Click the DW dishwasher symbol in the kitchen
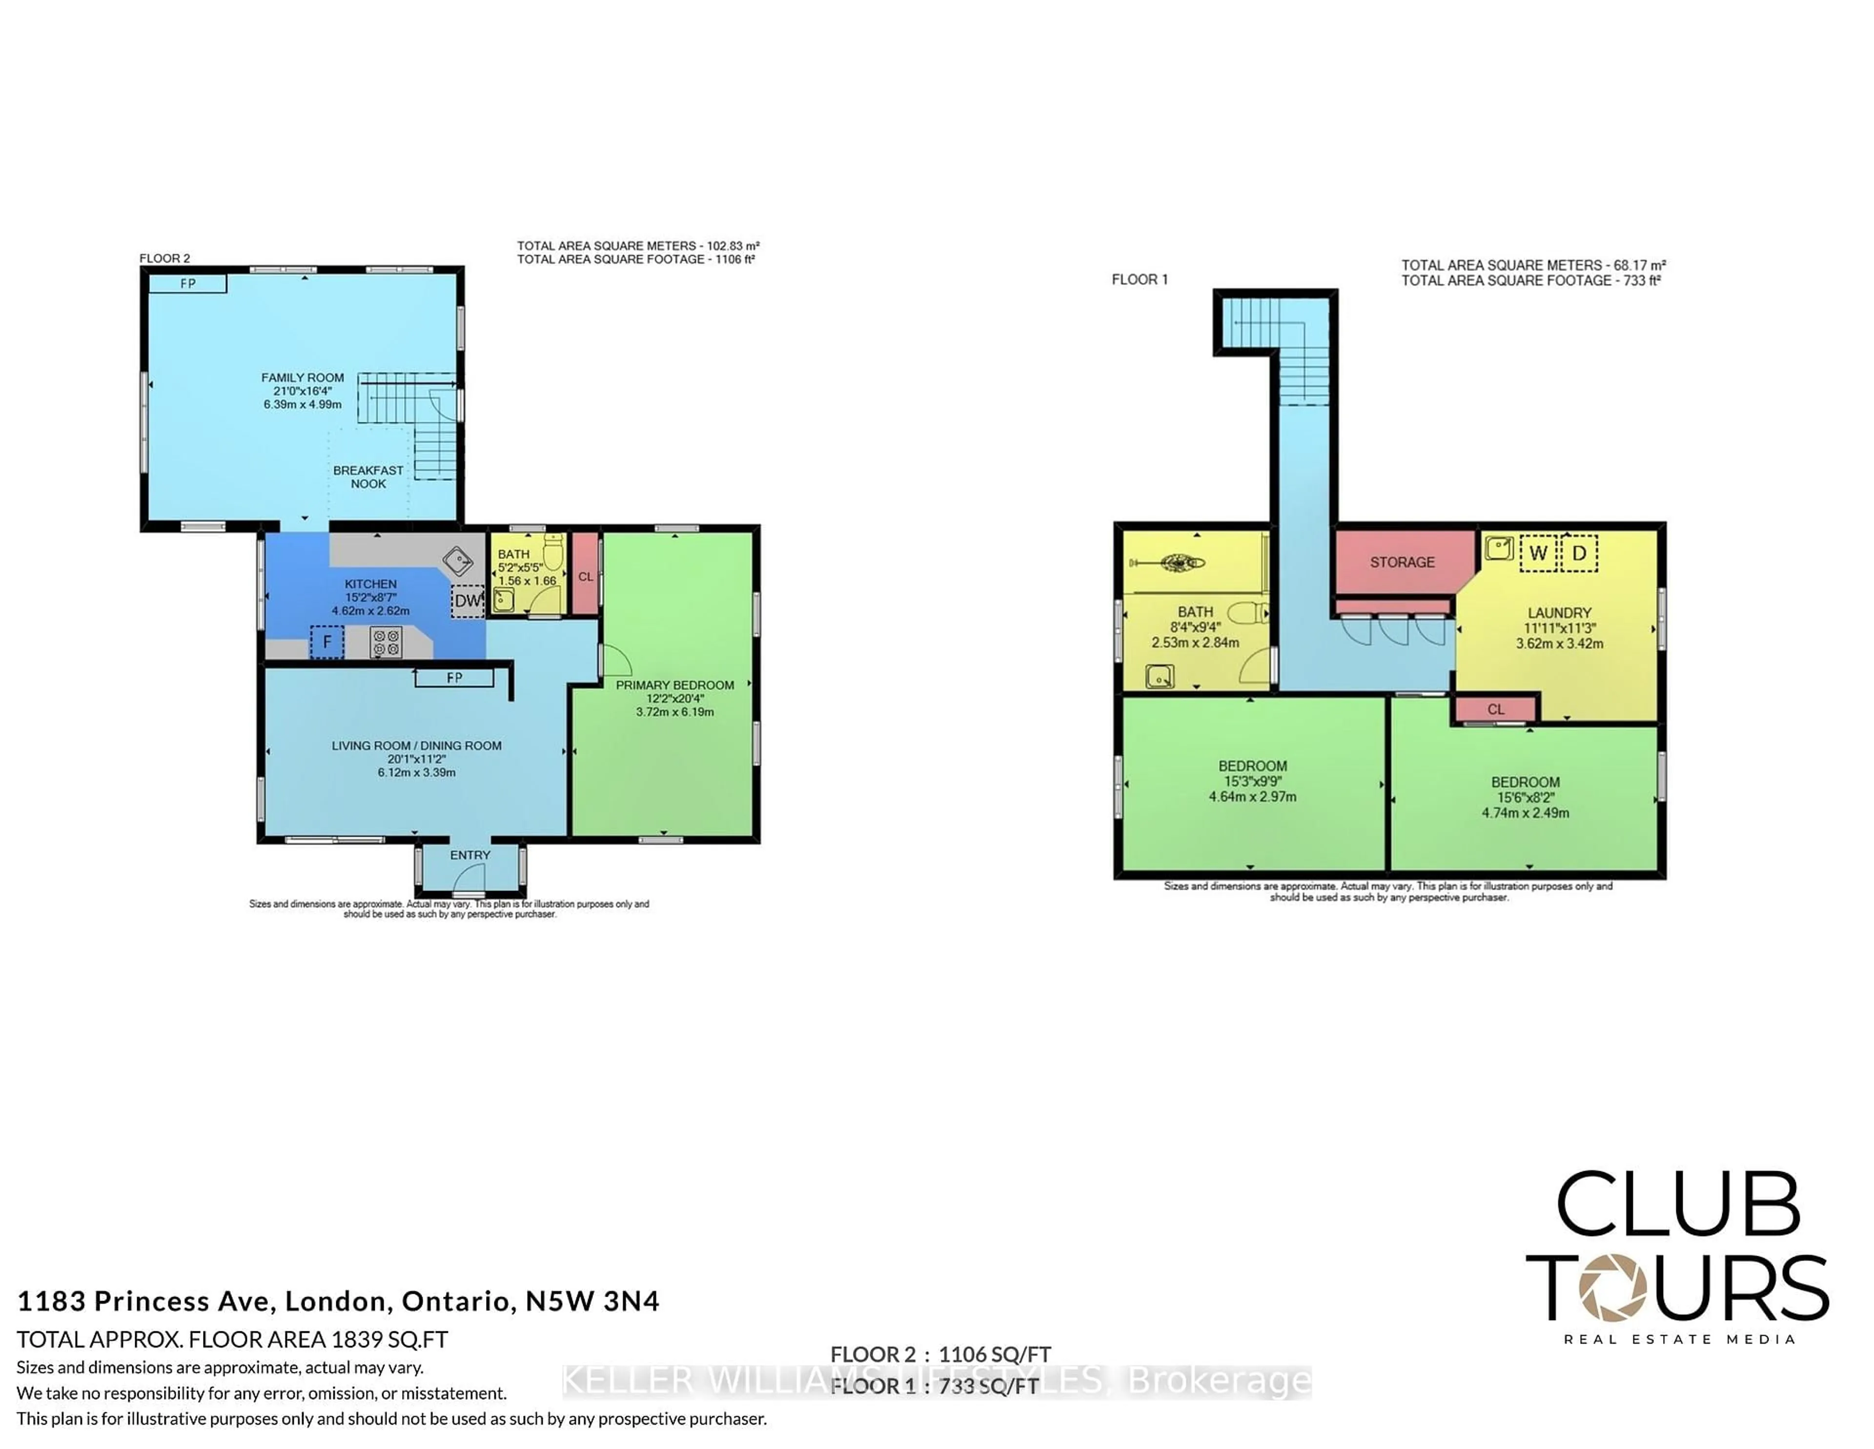pos(468,601)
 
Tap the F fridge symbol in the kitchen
pos(327,642)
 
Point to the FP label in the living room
pos(455,678)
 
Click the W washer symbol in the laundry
pos(1538,554)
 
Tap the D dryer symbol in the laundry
pos(1579,554)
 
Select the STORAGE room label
pos(1402,562)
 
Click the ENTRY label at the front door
pos(470,855)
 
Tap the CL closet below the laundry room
pos(1496,709)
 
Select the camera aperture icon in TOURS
pos(1612,1287)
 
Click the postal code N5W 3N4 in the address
pos(592,1302)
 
